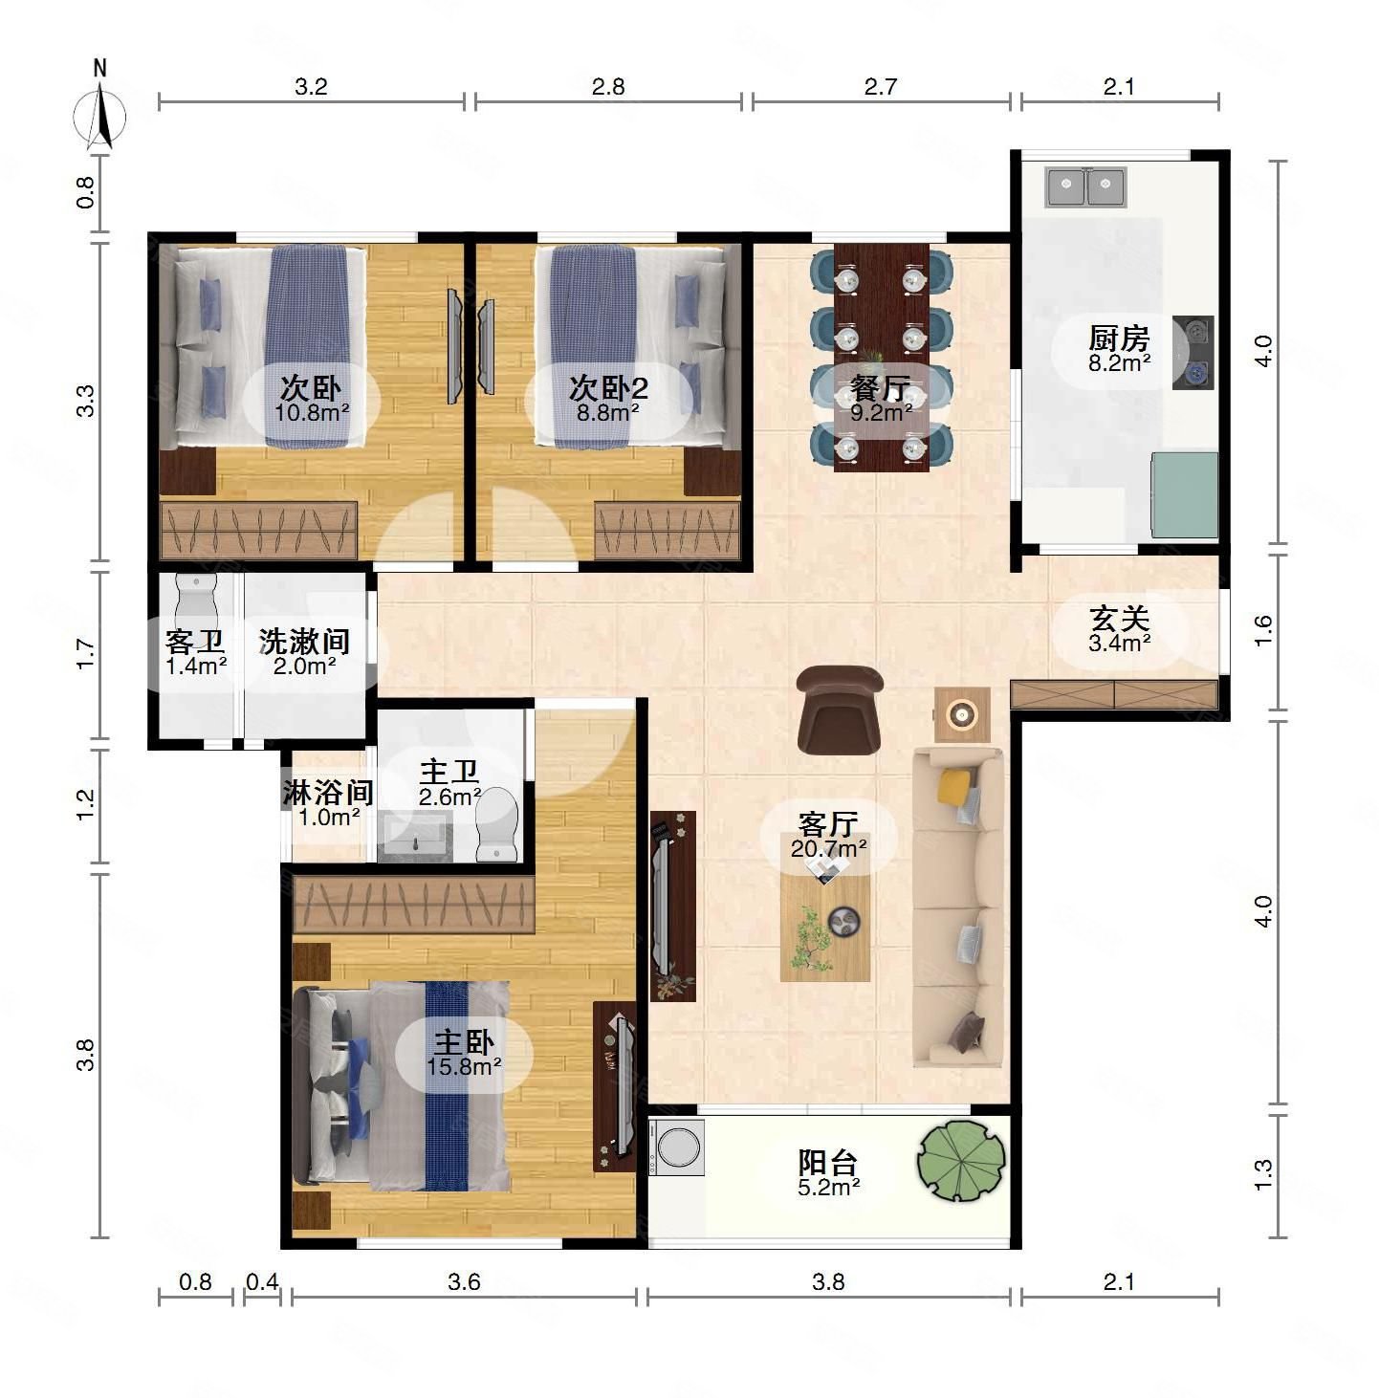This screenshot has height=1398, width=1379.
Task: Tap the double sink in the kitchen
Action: click(1085, 186)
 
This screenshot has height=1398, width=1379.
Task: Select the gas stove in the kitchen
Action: click(1193, 353)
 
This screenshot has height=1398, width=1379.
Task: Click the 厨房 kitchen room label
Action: click(1119, 339)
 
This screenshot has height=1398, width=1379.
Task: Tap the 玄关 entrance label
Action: click(1119, 619)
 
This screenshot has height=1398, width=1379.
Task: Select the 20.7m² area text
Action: click(828, 848)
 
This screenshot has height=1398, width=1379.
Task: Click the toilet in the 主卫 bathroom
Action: click(495, 824)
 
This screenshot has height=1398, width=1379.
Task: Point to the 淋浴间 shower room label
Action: click(328, 792)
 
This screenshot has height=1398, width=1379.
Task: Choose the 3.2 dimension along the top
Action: click(311, 87)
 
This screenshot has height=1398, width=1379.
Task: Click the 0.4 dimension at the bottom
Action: click(262, 1282)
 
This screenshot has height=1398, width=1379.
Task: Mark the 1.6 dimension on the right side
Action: click(1263, 630)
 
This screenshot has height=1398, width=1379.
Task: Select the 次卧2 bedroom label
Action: click(608, 388)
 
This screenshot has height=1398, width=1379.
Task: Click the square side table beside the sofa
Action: click(962, 714)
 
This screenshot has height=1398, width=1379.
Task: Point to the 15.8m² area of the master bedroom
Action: click(464, 1066)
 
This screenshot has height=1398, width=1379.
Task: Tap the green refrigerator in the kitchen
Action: click(1185, 495)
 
